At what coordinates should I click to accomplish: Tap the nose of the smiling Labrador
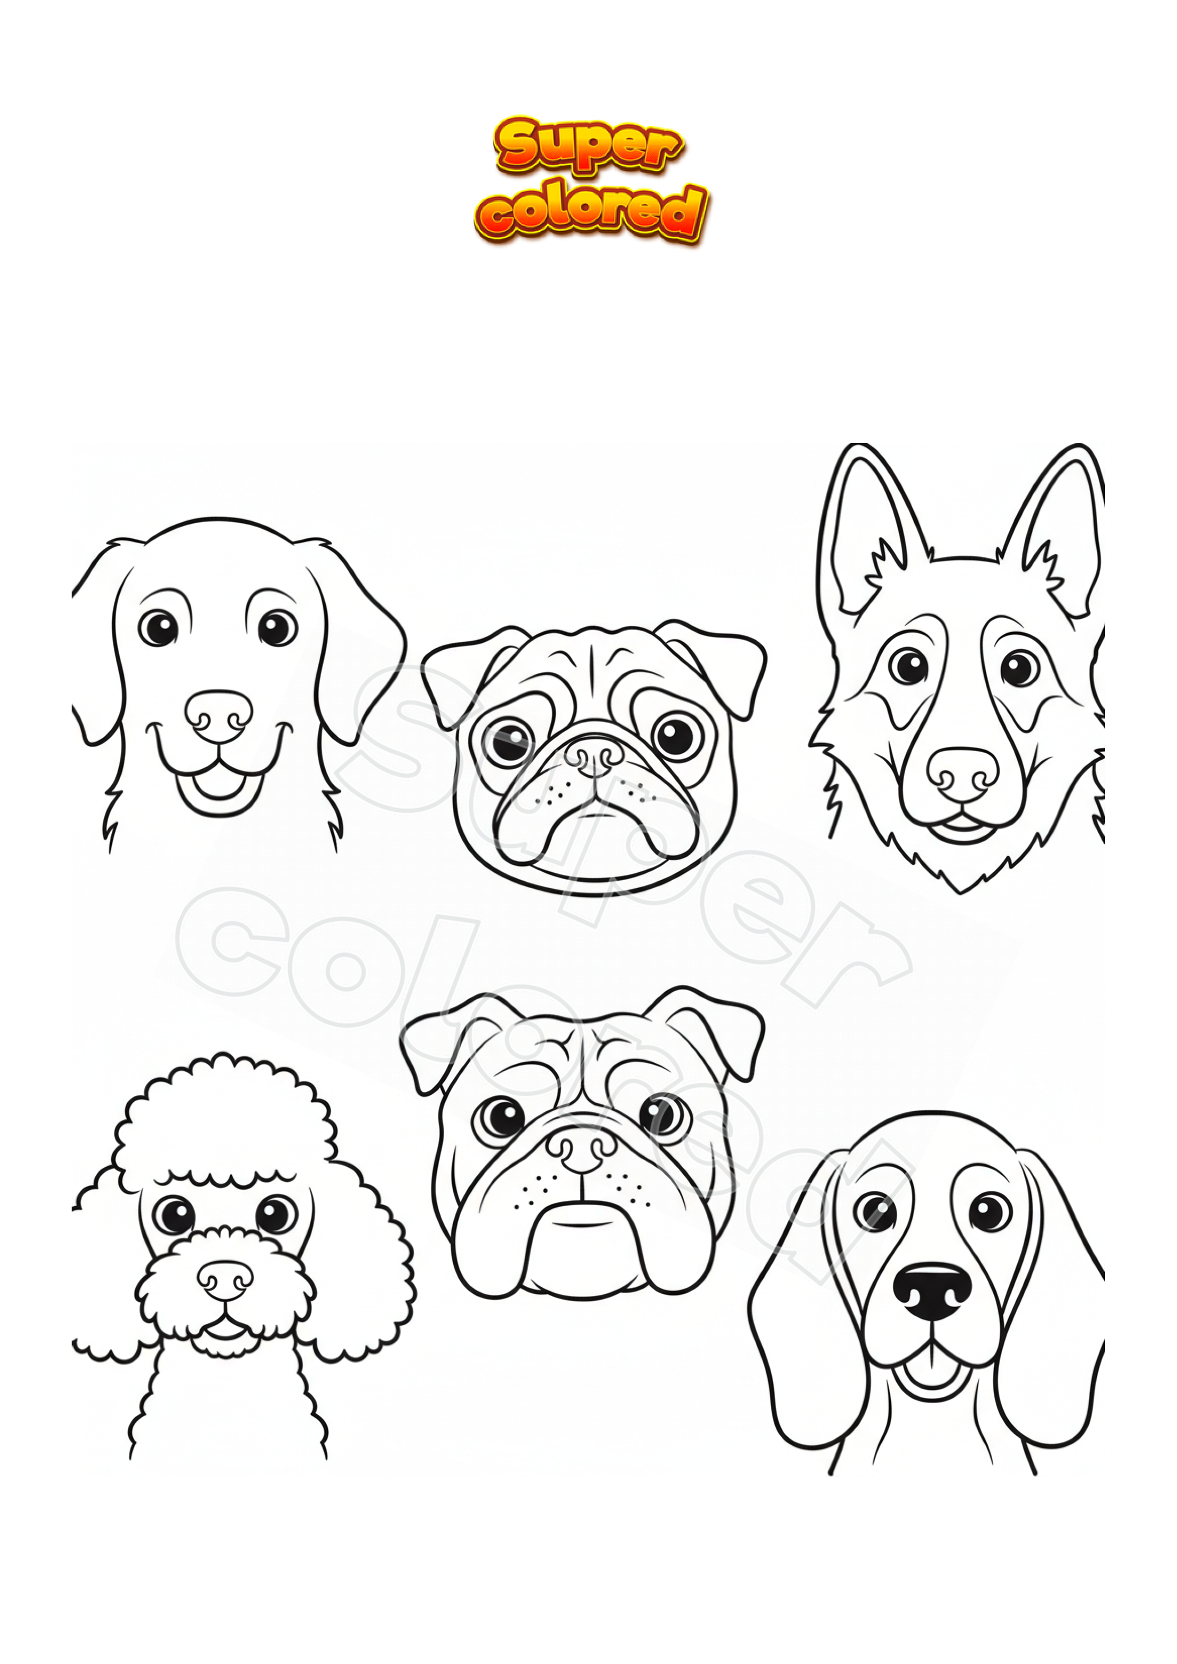coord(218,716)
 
